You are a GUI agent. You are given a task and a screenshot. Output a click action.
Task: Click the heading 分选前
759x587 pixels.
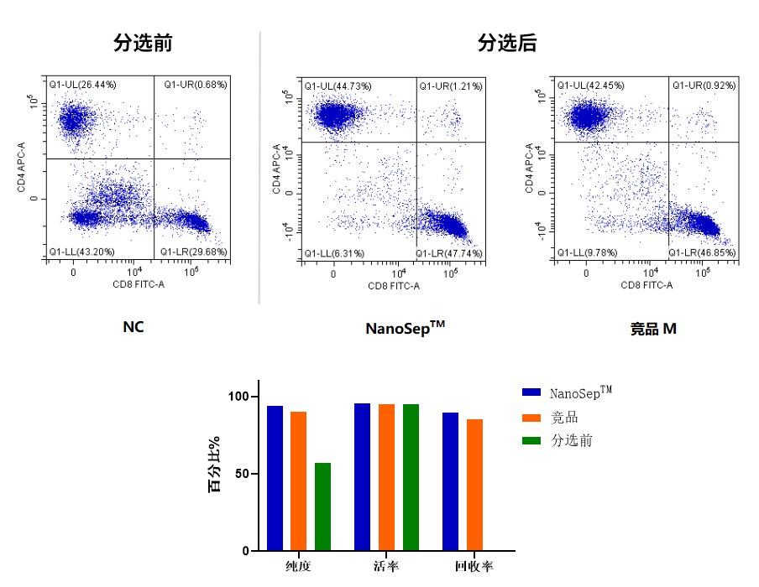[143, 43]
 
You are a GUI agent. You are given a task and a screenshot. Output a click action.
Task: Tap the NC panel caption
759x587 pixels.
[133, 327]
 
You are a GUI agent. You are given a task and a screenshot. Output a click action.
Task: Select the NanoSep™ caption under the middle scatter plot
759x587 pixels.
[405, 327]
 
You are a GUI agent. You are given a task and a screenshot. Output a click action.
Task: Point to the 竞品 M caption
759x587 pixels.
[653, 329]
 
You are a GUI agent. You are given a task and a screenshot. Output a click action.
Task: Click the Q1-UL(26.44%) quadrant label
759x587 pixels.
[81, 85]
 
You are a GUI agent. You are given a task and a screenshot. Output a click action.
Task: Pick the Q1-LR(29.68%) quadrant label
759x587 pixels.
[193, 251]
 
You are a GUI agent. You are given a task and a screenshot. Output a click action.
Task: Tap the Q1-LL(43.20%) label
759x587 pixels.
[81, 251]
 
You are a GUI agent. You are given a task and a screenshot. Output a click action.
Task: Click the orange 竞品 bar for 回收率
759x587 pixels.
[475, 485]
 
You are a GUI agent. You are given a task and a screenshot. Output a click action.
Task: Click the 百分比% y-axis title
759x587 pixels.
[215, 465]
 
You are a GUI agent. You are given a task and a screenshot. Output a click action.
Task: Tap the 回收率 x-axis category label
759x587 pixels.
[474, 567]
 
